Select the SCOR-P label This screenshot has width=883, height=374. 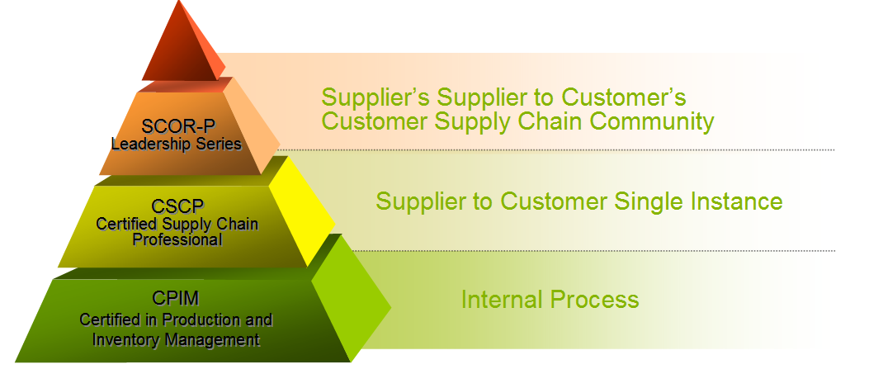[x=178, y=126]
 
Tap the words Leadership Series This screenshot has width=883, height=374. [x=177, y=144]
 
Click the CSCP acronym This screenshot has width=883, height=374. [x=177, y=206]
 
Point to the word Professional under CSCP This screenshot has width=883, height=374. [x=177, y=239]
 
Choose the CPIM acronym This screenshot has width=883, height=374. [x=176, y=297]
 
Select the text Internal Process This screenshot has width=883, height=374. [x=550, y=299]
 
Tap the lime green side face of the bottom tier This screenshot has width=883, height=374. [x=350, y=299]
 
